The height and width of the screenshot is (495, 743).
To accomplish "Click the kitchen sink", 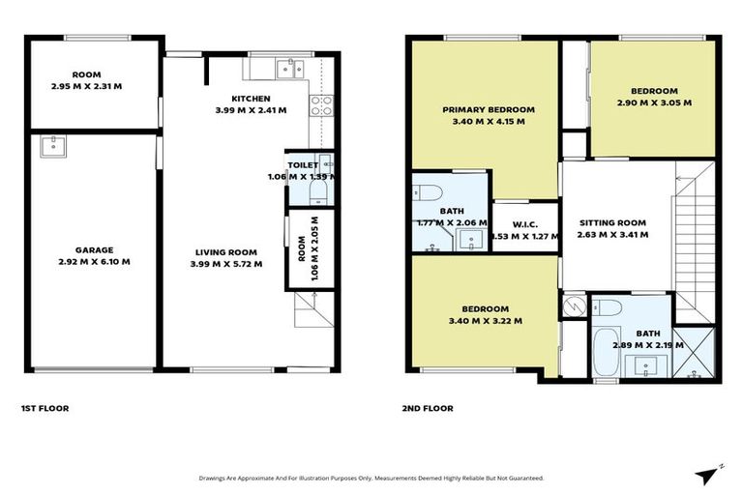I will (288, 69).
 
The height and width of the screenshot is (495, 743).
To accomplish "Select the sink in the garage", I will (50, 147).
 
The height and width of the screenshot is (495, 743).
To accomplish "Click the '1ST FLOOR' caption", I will (44, 408).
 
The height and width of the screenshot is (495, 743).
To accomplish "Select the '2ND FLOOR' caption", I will (428, 408).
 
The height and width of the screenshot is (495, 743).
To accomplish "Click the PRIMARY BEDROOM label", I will (489, 110).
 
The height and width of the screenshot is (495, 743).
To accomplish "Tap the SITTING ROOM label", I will (611, 221).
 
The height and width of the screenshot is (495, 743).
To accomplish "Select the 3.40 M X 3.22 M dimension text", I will (485, 321).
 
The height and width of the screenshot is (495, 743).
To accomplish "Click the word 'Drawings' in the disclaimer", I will (216, 478).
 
